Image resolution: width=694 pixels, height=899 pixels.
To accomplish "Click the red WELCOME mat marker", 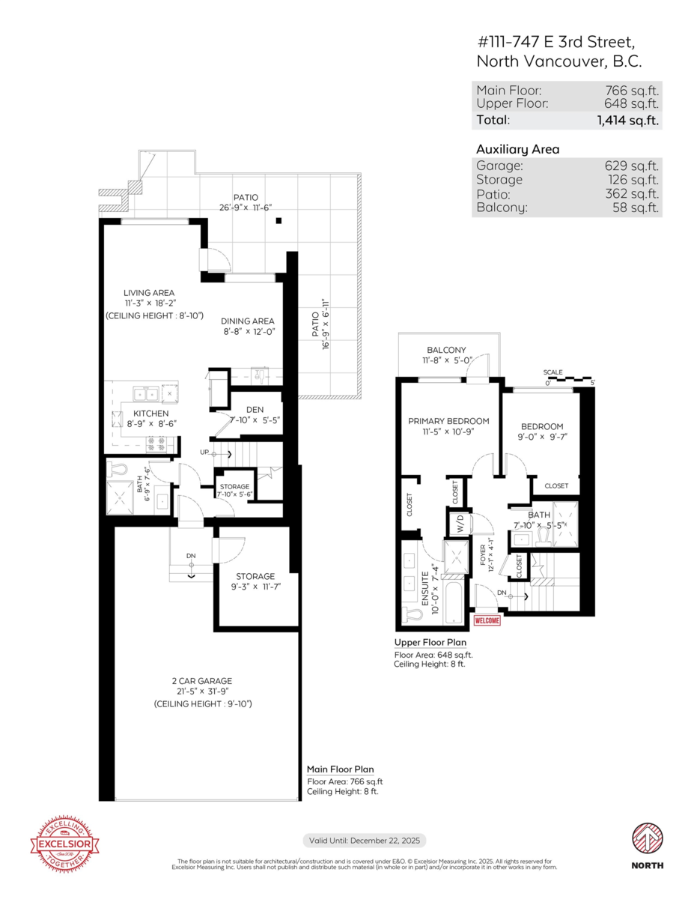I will tap(487, 620).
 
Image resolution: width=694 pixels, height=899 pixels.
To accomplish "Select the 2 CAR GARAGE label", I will tap(201, 681).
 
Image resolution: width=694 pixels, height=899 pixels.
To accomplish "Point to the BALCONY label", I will tap(446, 350).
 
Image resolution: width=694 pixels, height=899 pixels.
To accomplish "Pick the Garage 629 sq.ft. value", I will tap(631, 166).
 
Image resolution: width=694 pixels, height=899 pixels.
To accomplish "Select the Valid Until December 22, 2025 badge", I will tap(364, 841).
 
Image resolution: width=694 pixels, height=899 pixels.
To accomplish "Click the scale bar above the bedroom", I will tap(568, 379).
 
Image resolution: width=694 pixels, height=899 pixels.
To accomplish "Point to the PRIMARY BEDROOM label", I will tap(448, 421).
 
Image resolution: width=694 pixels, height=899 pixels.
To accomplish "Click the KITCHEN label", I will tap(150, 414).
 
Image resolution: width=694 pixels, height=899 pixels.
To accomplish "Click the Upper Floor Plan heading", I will tap(430, 643).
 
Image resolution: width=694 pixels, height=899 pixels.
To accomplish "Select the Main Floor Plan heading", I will tap(340, 769).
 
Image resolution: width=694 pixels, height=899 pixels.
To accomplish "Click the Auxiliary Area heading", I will tap(517, 149).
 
